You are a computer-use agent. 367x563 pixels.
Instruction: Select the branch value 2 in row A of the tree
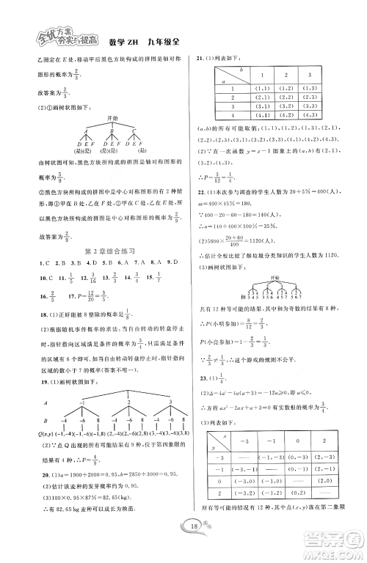click(x=128, y=402)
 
